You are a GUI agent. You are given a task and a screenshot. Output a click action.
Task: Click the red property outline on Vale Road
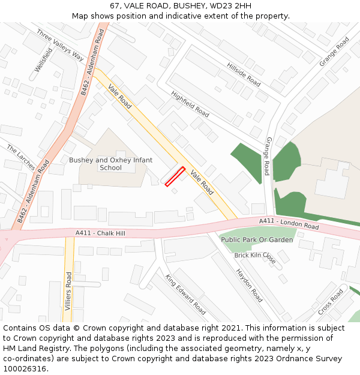(x=175, y=176)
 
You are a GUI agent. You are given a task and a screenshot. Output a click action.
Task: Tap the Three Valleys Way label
(x=60, y=45)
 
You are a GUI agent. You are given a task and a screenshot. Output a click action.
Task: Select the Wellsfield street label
(x=43, y=60)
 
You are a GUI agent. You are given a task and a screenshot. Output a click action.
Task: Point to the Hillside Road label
(x=244, y=74)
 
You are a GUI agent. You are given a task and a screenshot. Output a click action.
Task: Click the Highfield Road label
(x=190, y=104)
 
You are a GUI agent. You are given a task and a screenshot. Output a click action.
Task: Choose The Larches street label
(x=21, y=157)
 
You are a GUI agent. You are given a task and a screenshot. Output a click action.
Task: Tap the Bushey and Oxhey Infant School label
(x=110, y=164)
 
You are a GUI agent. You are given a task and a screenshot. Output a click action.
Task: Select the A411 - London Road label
(x=289, y=224)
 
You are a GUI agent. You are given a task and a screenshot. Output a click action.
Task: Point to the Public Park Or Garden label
(x=257, y=239)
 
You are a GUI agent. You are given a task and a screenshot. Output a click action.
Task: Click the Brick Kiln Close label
(x=255, y=258)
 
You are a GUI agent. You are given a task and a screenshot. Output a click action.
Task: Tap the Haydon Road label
(x=249, y=285)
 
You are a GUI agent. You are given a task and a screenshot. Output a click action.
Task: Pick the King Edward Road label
(x=185, y=294)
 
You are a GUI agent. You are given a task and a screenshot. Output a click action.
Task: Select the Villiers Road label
(x=68, y=291)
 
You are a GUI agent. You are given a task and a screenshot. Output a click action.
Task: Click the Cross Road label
(x=331, y=302)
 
